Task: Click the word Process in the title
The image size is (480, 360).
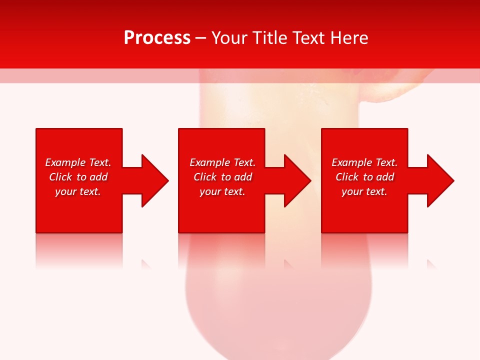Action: point(157,38)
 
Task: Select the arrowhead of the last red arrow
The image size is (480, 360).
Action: point(439,180)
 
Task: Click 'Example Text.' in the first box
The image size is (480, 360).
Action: point(78,162)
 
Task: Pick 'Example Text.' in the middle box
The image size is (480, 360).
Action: point(222,162)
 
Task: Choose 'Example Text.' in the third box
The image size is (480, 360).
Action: point(364,162)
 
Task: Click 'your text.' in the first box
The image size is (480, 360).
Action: point(78,191)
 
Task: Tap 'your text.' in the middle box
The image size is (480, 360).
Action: point(222,191)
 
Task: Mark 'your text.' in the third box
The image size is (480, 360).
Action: point(364,191)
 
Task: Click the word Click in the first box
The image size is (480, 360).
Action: point(60,177)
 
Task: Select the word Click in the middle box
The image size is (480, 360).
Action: point(205,177)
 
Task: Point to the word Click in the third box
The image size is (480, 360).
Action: point(347,177)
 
